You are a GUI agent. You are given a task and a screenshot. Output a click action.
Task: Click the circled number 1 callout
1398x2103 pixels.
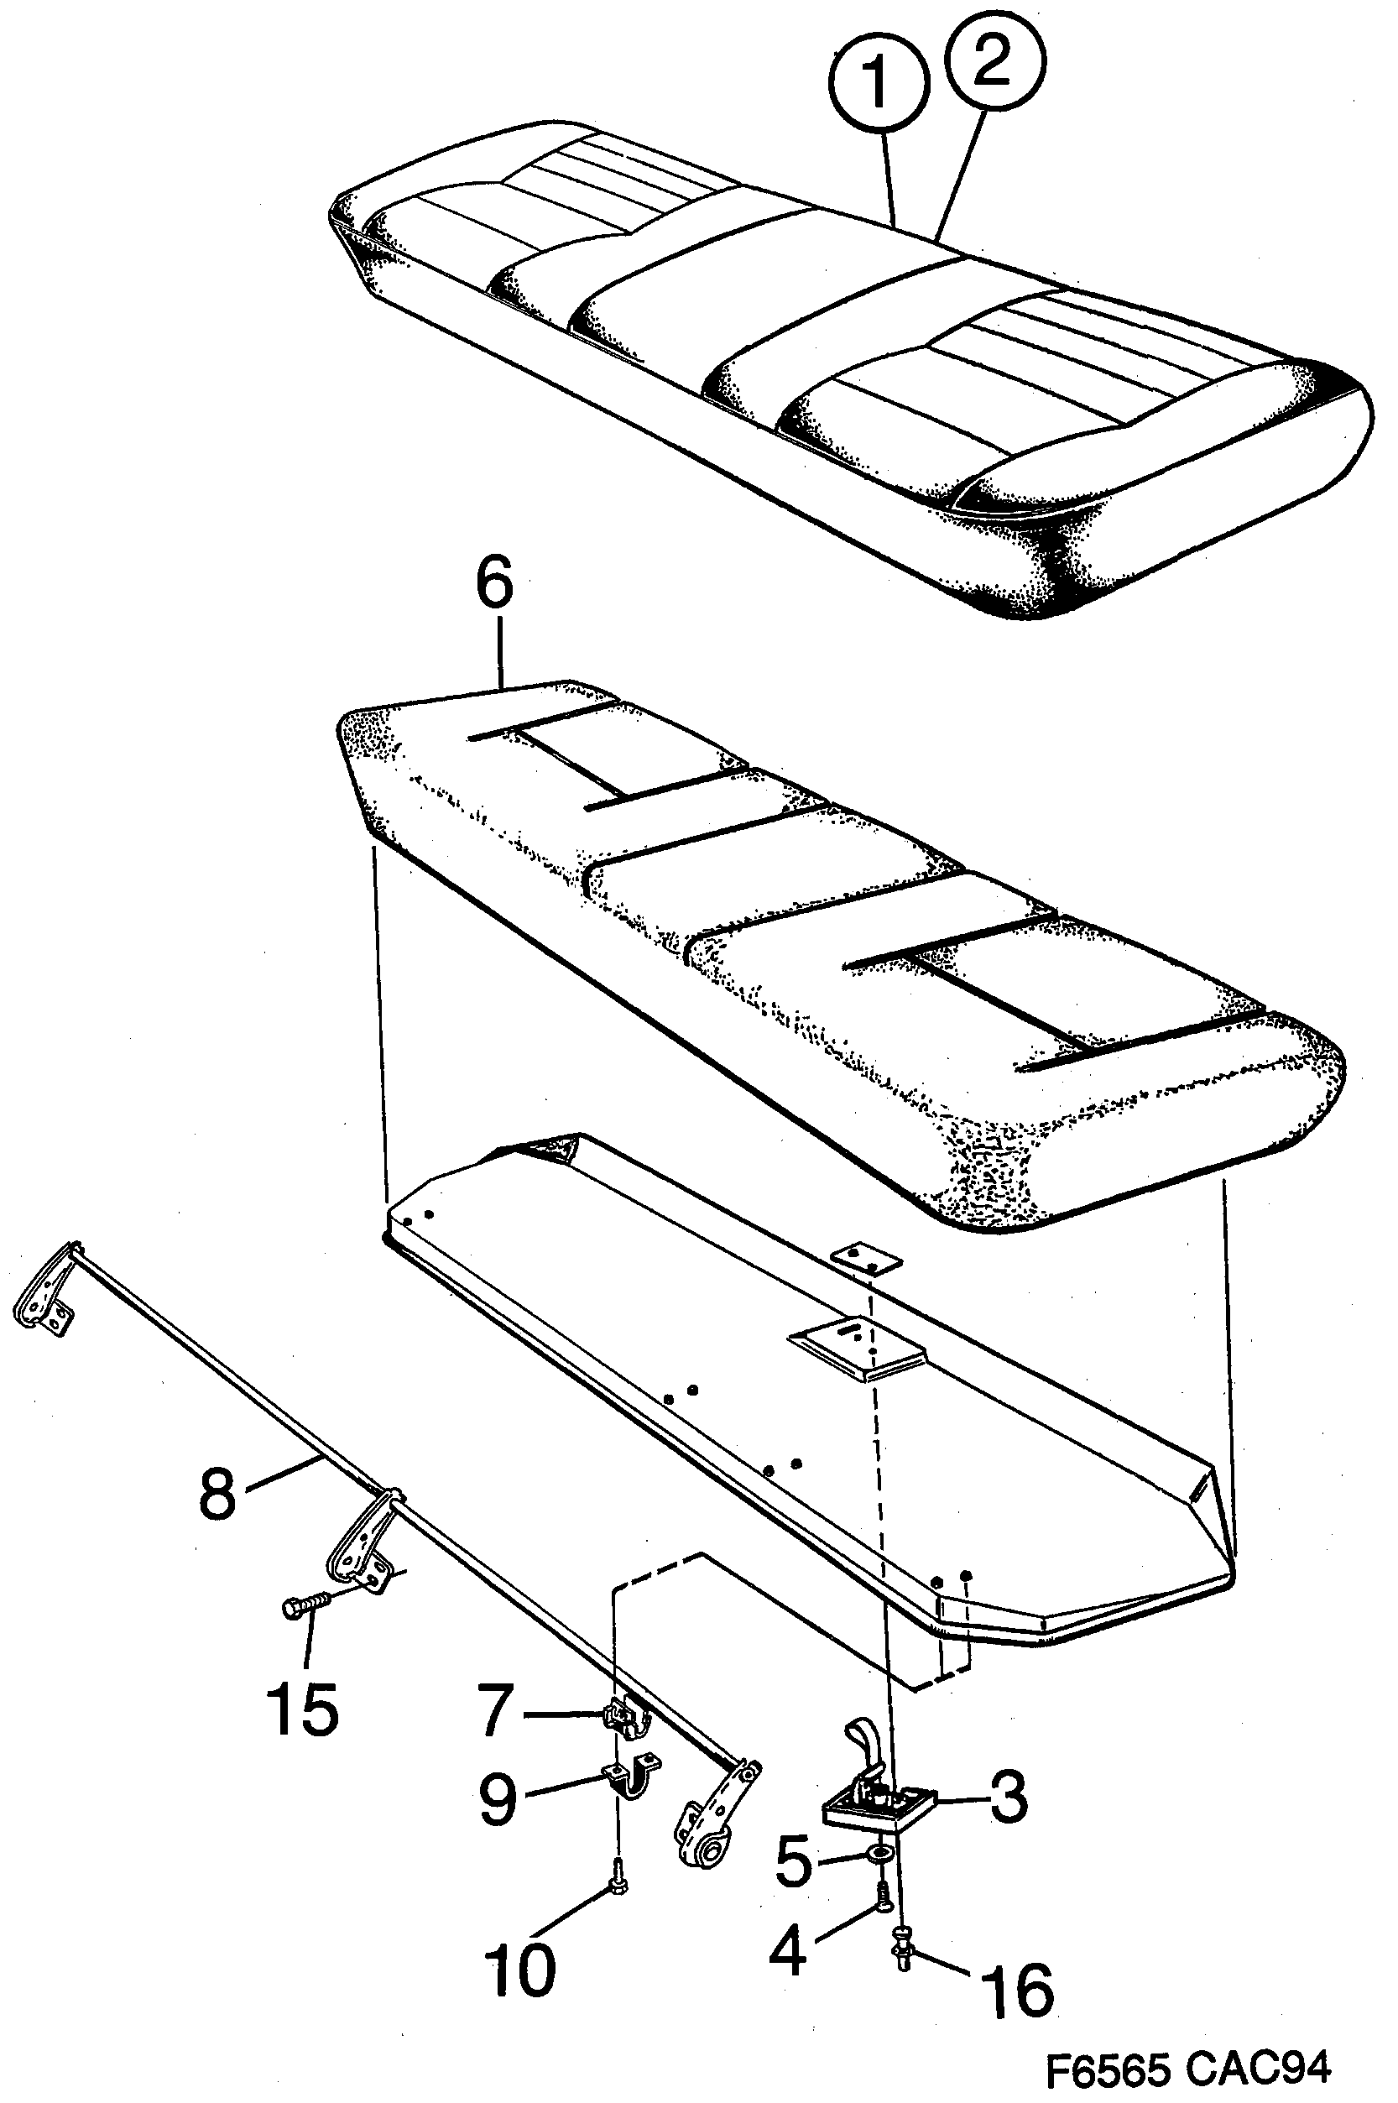(879, 83)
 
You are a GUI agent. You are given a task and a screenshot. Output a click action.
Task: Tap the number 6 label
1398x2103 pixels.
(495, 583)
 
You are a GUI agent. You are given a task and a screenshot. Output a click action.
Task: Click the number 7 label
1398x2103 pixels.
(496, 1711)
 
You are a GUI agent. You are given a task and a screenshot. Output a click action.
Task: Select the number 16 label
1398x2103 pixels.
(1017, 1985)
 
